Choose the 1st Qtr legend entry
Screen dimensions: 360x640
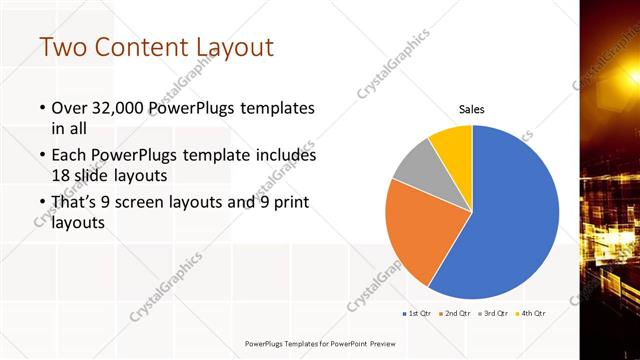(419, 313)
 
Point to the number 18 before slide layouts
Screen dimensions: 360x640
(61, 176)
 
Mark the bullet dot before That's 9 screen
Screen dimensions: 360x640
(42, 203)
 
